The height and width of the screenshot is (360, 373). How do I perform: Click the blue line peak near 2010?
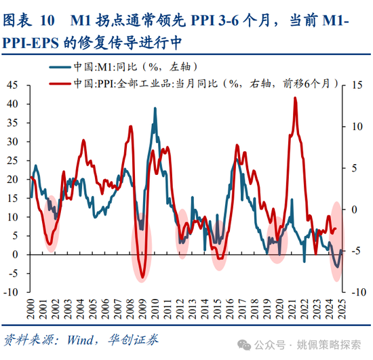pos(155,108)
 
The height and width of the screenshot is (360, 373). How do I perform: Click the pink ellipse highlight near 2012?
pos(182,228)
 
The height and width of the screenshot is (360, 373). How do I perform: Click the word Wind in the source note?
pos(77,340)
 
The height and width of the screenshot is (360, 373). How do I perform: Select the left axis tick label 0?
pos(18,255)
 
